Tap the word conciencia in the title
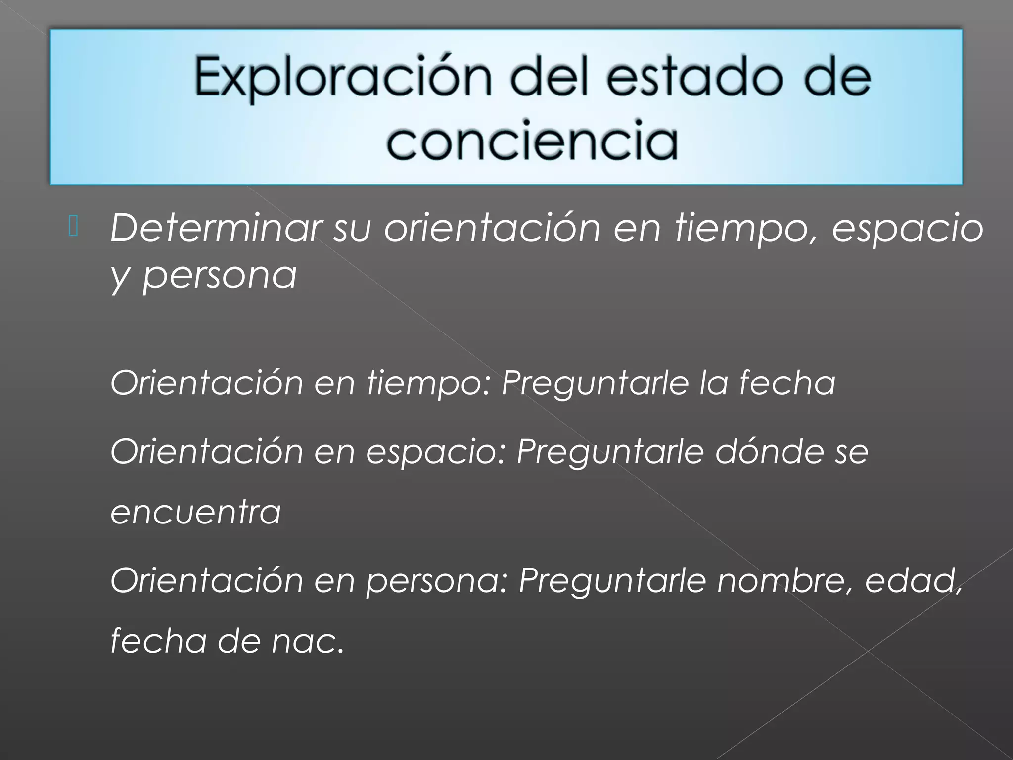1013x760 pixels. point(532,141)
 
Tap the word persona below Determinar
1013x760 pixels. point(220,276)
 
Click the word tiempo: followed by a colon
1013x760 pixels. point(428,384)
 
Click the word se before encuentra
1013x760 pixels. point(852,452)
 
